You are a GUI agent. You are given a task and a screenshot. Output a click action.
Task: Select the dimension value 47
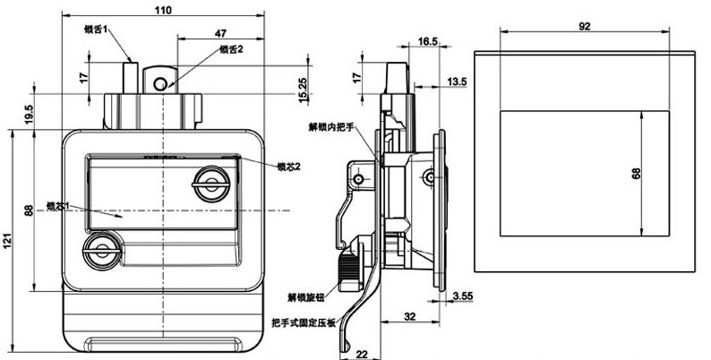pyautogui.click(x=220, y=33)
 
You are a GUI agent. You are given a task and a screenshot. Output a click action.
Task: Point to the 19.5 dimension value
pyautogui.click(x=30, y=115)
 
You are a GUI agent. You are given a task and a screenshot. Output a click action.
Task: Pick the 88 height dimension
pyautogui.click(x=30, y=211)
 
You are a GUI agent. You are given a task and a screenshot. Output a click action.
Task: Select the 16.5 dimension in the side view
pyautogui.click(x=427, y=41)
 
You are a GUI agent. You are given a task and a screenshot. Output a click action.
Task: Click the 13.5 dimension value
pyautogui.click(x=457, y=82)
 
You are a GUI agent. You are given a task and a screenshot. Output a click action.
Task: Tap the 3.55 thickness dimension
pyautogui.click(x=463, y=296)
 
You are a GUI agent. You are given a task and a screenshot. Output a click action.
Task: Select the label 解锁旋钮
pyautogui.click(x=305, y=296)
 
